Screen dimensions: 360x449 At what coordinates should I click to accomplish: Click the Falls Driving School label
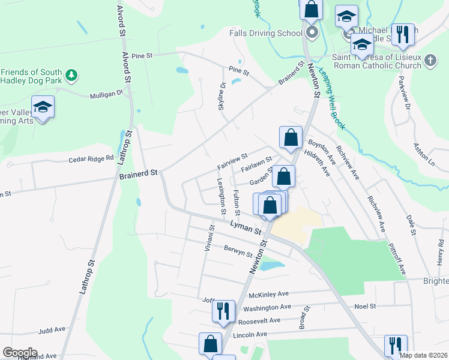[x=265, y=33]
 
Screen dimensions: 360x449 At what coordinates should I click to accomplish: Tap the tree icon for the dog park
[x=71, y=75]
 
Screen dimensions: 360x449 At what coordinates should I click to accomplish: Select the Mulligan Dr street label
[x=106, y=94]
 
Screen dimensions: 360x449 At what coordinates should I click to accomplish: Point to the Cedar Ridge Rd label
[x=91, y=159]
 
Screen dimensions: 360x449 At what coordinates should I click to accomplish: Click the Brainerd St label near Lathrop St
[x=137, y=172]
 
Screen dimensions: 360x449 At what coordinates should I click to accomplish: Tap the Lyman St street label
[x=246, y=227]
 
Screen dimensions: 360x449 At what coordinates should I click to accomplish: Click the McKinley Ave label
[x=269, y=294]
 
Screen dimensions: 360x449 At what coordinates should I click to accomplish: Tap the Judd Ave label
[x=52, y=329]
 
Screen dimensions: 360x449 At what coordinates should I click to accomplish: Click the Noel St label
[x=365, y=306]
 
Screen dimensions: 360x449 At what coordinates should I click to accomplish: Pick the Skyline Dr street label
[x=221, y=95]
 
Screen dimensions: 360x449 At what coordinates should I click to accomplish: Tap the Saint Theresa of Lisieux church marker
[x=430, y=60]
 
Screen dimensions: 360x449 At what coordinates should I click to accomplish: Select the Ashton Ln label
[x=424, y=154]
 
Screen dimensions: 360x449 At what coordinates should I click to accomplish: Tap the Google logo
[x=20, y=353]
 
